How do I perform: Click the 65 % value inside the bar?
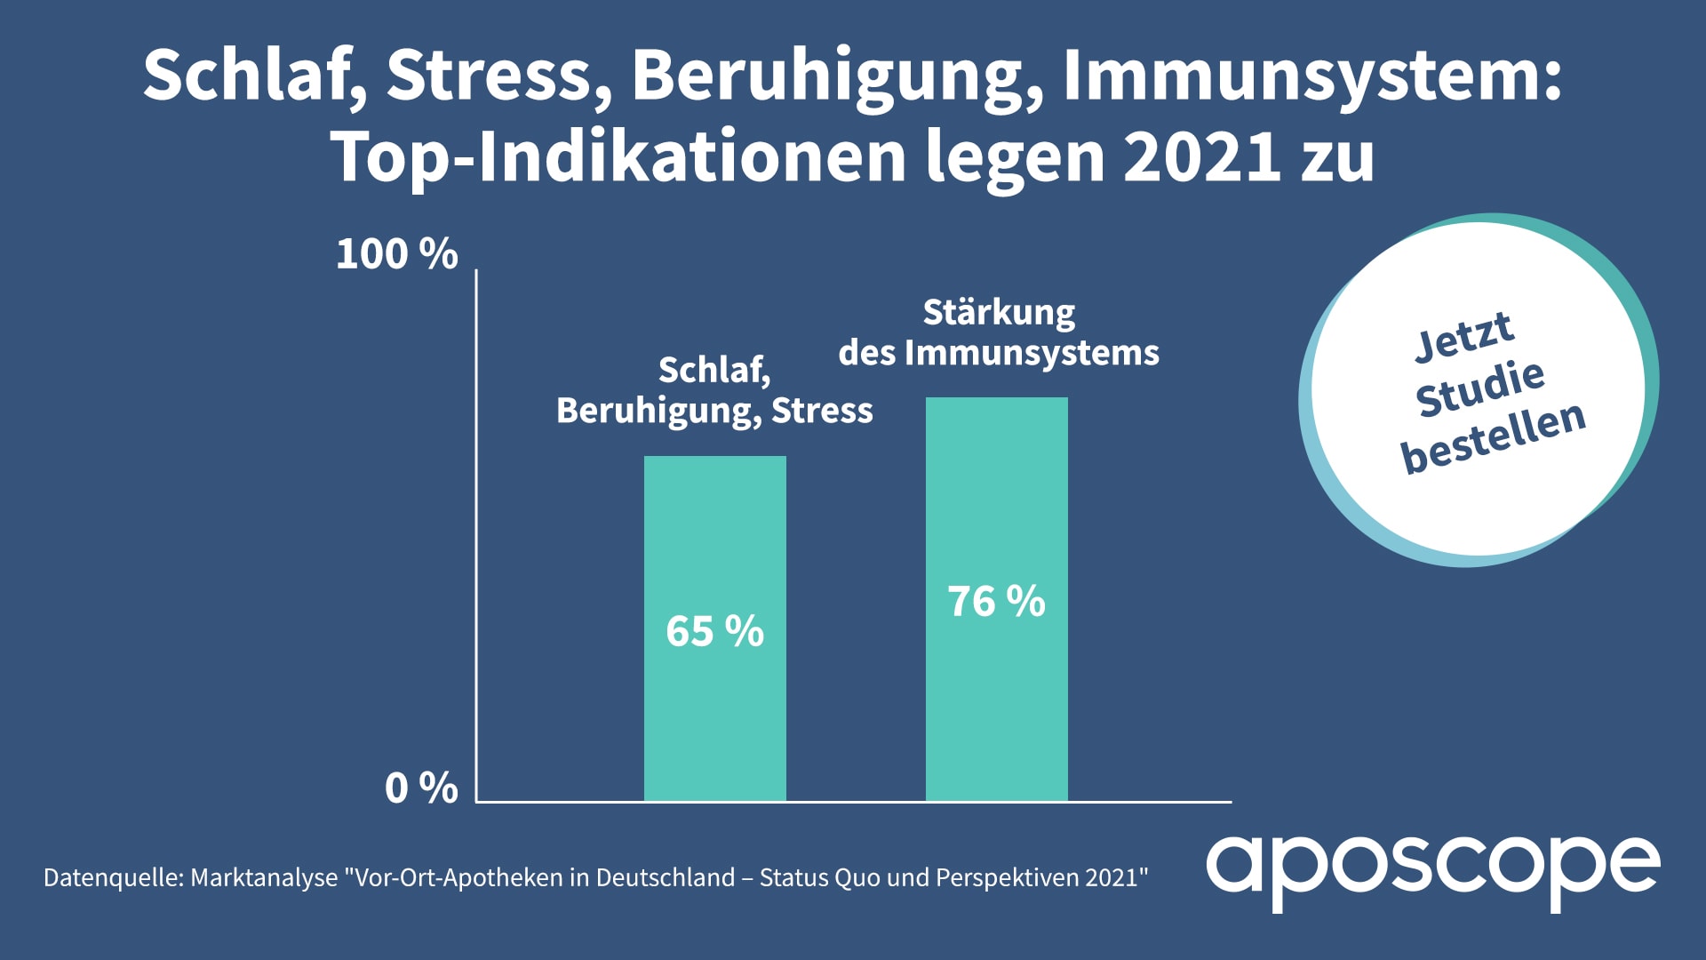(714, 631)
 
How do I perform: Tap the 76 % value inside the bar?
(996, 602)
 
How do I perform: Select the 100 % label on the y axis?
(396, 254)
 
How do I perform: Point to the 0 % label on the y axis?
(421, 788)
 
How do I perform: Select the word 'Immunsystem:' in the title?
(1311, 76)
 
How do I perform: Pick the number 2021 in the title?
(1203, 157)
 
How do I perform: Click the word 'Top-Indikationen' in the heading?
(618, 157)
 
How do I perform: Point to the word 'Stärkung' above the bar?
(999, 313)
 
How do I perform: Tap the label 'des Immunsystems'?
(999, 353)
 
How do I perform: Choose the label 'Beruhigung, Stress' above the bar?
(714, 411)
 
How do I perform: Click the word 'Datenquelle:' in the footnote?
(113, 878)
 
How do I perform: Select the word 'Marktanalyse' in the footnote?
(264, 878)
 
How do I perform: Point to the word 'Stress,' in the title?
(498, 76)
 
